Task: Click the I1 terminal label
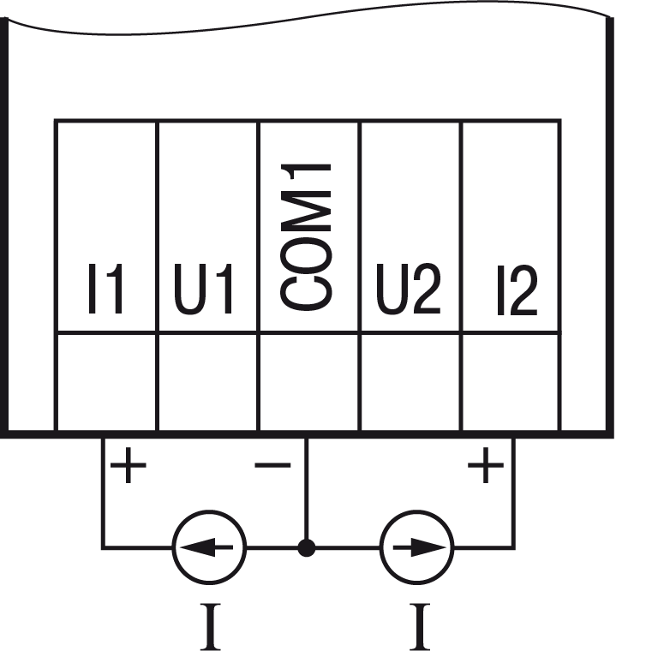point(105,290)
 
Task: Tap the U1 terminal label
point(204,290)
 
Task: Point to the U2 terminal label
point(409,290)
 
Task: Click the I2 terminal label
point(517,290)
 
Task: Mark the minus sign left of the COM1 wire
point(272,466)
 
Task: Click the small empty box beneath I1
point(106,382)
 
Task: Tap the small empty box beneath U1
point(207,382)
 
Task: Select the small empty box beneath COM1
point(308,382)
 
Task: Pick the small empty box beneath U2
point(410,382)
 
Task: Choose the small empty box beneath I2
point(511,382)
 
